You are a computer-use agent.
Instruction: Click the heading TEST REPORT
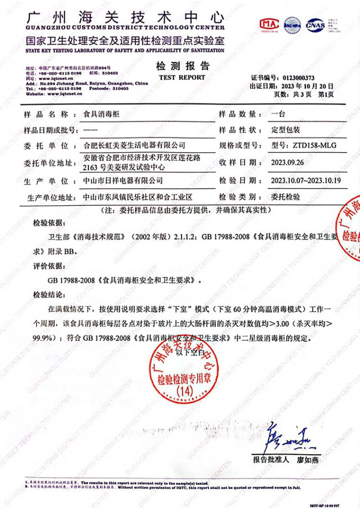coord(182,77)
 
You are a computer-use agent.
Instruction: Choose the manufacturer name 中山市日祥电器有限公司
coord(123,180)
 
